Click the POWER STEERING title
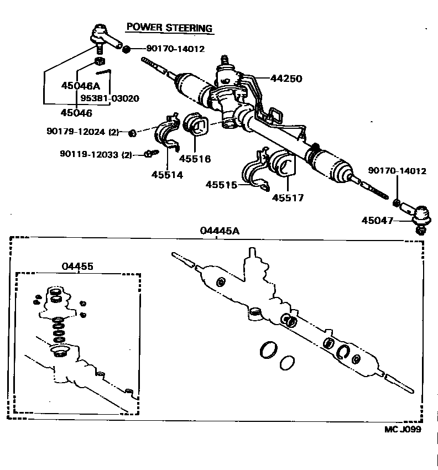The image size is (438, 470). pyautogui.click(x=169, y=28)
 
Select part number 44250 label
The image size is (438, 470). pyautogui.click(x=286, y=79)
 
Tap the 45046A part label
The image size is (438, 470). pyautogui.click(x=80, y=86)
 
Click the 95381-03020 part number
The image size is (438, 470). pyautogui.click(x=109, y=98)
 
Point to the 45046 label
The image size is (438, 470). pyautogui.click(x=76, y=112)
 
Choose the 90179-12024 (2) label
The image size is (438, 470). pyautogui.click(x=82, y=132)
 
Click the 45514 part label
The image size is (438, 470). pyautogui.click(x=167, y=175)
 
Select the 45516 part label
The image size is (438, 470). pyautogui.click(x=195, y=159)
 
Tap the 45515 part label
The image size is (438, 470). pyautogui.click(x=222, y=185)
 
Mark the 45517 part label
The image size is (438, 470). pyautogui.click(x=288, y=197)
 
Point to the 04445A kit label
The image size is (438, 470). pyautogui.click(x=220, y=231)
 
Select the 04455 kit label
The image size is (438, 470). pyautogui.click(x=77, y=266)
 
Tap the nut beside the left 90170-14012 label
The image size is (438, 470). pyautogui.click(x=126, y=49)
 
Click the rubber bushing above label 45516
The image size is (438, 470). pyautogui.click(x=196, y=125)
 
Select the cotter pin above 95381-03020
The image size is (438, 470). pyautogui.click(x=104, y=71)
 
